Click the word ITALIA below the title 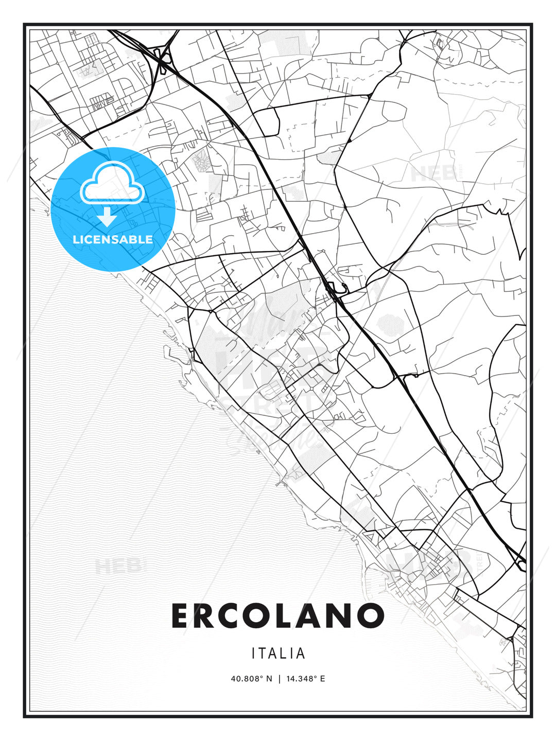(x=278, y=654)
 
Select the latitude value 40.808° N (x=251, y=679)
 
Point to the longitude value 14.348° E (x=304, y=679)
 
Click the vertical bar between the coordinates (x=278, y=679)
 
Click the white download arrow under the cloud (x=107, y=217)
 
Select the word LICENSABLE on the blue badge (x=113, y=239)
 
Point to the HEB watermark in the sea (x=117, y=566)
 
